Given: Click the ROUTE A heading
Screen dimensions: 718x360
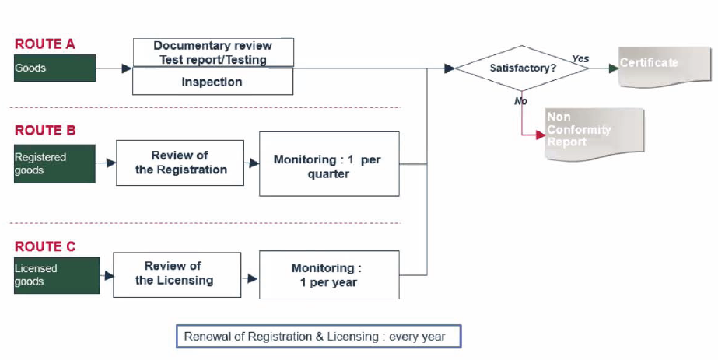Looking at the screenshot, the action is click(x=45, y=44).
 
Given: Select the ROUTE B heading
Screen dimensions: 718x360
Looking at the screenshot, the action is click(x=45, y=131).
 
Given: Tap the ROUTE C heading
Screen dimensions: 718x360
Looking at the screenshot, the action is click(x=45, y=246).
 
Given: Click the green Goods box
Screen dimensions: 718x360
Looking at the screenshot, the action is click(x=55, y=68).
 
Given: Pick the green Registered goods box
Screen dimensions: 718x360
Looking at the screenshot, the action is click(x=55, y=164).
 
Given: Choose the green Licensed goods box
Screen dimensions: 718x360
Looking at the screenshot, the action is click(x=58, y=275).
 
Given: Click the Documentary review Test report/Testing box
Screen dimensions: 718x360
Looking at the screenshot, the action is click(x=213, y=53).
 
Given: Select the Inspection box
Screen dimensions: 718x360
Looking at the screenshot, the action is click(x=213, y=82).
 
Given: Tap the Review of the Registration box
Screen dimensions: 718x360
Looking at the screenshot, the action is click(x=180, y=163).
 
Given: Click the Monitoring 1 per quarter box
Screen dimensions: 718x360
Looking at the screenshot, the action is click(x=329, y=164).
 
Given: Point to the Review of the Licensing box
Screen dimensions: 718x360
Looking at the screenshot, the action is click(x=177, y=275).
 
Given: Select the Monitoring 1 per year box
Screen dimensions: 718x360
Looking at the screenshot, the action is click(x=329, y=275).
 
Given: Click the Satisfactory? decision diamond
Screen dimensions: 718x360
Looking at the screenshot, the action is click(x=523, y=68).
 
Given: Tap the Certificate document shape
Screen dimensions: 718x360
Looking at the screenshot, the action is click(x=664, y=67).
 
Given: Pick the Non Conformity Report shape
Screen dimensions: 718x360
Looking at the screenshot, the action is click(x=594, y=134).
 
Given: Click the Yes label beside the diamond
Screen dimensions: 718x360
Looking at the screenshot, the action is click(x=580, y=58).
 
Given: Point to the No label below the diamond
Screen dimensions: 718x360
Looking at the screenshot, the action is click(x=520, y=100).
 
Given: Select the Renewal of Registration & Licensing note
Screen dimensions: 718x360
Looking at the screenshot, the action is click(x=319, y=337).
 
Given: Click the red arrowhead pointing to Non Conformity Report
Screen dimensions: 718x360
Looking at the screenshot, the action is click(x=541, y=135).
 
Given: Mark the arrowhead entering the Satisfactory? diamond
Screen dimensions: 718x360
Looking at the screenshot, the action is click(x=449, y=68).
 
